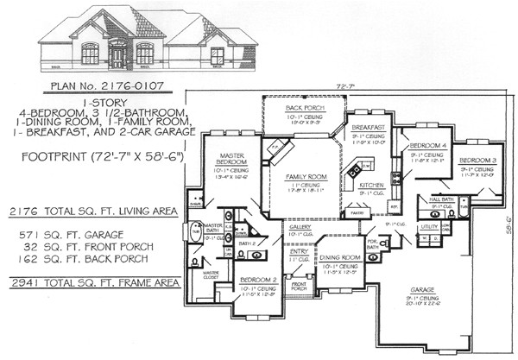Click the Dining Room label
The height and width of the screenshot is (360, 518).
coord(341,257)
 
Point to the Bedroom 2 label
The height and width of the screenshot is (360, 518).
coord(257,281)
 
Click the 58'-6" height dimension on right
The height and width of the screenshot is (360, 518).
coord(509,227)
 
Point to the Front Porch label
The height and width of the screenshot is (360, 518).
coord(300,285)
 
